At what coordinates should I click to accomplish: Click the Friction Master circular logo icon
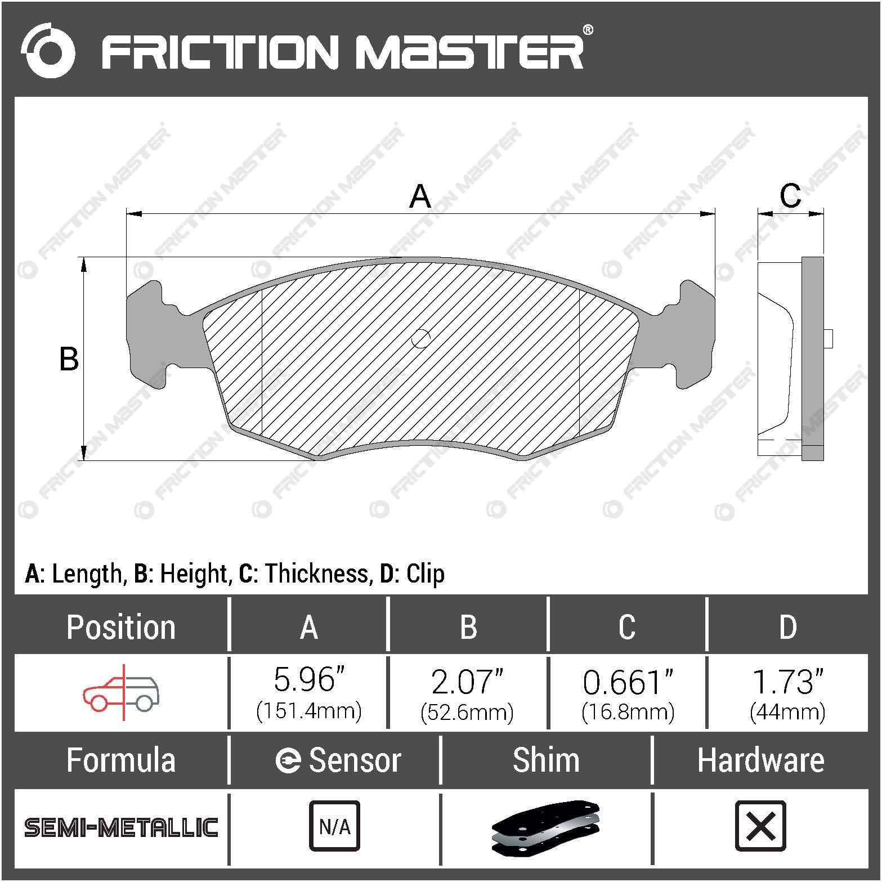(x=48, y=51)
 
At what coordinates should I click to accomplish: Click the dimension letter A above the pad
(x=420, y=196)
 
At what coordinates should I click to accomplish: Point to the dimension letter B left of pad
(x=69, y=359)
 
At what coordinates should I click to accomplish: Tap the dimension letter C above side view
(x=790, y=195)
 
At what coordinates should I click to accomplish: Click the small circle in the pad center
(x=420, y=338)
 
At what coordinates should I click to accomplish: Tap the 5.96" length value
(x=308, y=680)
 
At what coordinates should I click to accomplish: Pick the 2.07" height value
(x=467, y=682)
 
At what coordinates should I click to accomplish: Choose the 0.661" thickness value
(x=628, y=682)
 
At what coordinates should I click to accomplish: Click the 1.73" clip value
(x=787, y=682)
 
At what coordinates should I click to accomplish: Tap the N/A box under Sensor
(x=334, y=826)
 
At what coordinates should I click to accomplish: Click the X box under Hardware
(x=760, y=826)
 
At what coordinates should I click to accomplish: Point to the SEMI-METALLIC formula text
(x=121, y=827)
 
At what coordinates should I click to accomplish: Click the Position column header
(x=121, y=627)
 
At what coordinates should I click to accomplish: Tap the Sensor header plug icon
(x=288, y=761)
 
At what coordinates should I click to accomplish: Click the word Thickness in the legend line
(x=317, y=574)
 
